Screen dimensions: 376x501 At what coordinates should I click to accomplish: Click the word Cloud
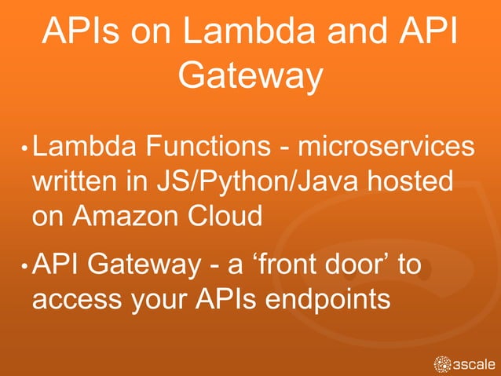pyautogui.click(x=225, y=216)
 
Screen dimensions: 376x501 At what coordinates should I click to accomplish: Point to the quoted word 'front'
pyautogui.click(x=287, y=265)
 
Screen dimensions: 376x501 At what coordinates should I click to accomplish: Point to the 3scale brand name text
pyautogui.click(x=474, y=364)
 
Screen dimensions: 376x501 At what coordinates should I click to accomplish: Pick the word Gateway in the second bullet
pyautogui.click(x=144, y=265)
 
